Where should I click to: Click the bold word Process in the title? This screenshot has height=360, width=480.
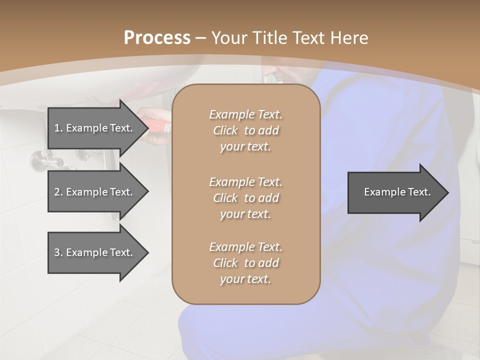pos(157,38)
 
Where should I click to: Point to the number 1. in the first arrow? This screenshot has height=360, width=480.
pos(58,128)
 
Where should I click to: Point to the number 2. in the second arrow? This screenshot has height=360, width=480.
pos(58,192)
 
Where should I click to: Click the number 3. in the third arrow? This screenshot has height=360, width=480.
pos(58,252)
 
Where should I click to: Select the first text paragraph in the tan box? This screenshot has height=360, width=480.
pos(245,130)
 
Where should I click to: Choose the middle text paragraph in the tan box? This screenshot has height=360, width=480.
pos(245,198)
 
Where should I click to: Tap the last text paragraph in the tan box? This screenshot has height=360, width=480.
pos(245,263)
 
